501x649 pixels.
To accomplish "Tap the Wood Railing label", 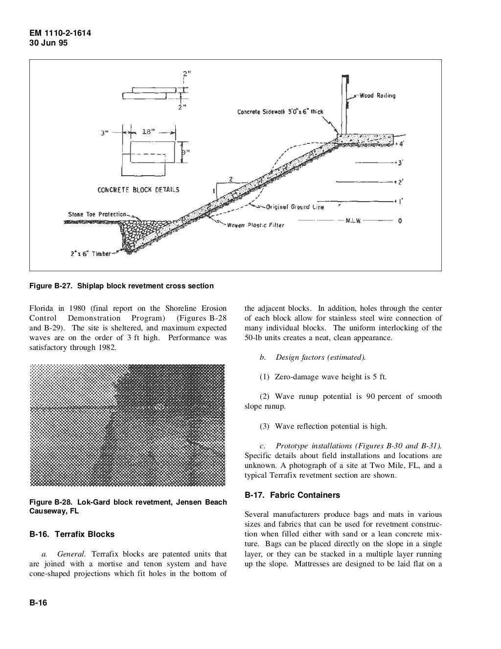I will (377, 96).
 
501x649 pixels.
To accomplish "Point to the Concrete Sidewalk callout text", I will (280, 112).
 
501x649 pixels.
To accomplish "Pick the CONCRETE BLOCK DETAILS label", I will (138, 189).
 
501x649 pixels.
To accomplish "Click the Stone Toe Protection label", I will (97, 214).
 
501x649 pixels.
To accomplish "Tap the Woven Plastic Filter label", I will (255, 225).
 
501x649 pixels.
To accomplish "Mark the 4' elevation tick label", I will (401, 144).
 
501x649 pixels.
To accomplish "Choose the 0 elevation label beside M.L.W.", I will (400, 221).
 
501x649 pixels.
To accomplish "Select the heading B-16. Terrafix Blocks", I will (72, 534).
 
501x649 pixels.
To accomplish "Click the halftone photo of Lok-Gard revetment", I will (128, 425).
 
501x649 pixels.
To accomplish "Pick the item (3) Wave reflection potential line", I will (323, 426).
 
